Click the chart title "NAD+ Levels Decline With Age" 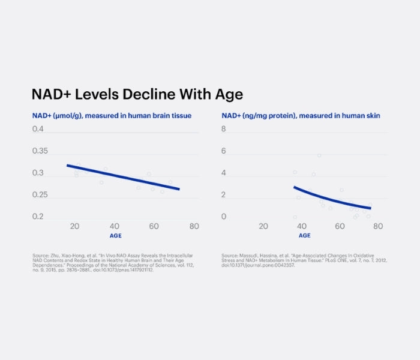[x=137, y=95]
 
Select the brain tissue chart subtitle [x=112, y=115]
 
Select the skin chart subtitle [x=301, y=115]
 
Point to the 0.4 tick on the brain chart [x=38, y=129]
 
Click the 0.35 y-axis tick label [x=41, y=151]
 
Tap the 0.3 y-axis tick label [x=38, y=173]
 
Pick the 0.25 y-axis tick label [x=41, y=195]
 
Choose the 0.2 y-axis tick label [x=38, y=217]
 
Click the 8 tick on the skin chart [x=224, y=129]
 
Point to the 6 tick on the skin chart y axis [x=224, y=151]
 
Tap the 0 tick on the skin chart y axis [x=224, y=217]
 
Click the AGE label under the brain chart [x=114, y=236]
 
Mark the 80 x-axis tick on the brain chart [x=194, y=226]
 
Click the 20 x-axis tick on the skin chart [x=263, y=226]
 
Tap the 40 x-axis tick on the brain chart [x=114, y=226]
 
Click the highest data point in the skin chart [x=319, y=155]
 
